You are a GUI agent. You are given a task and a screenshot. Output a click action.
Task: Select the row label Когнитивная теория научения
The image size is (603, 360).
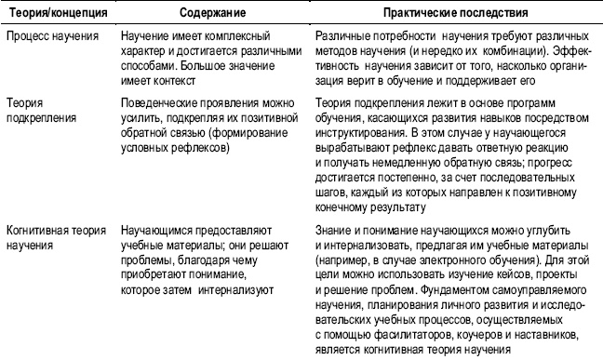point(54,234)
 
